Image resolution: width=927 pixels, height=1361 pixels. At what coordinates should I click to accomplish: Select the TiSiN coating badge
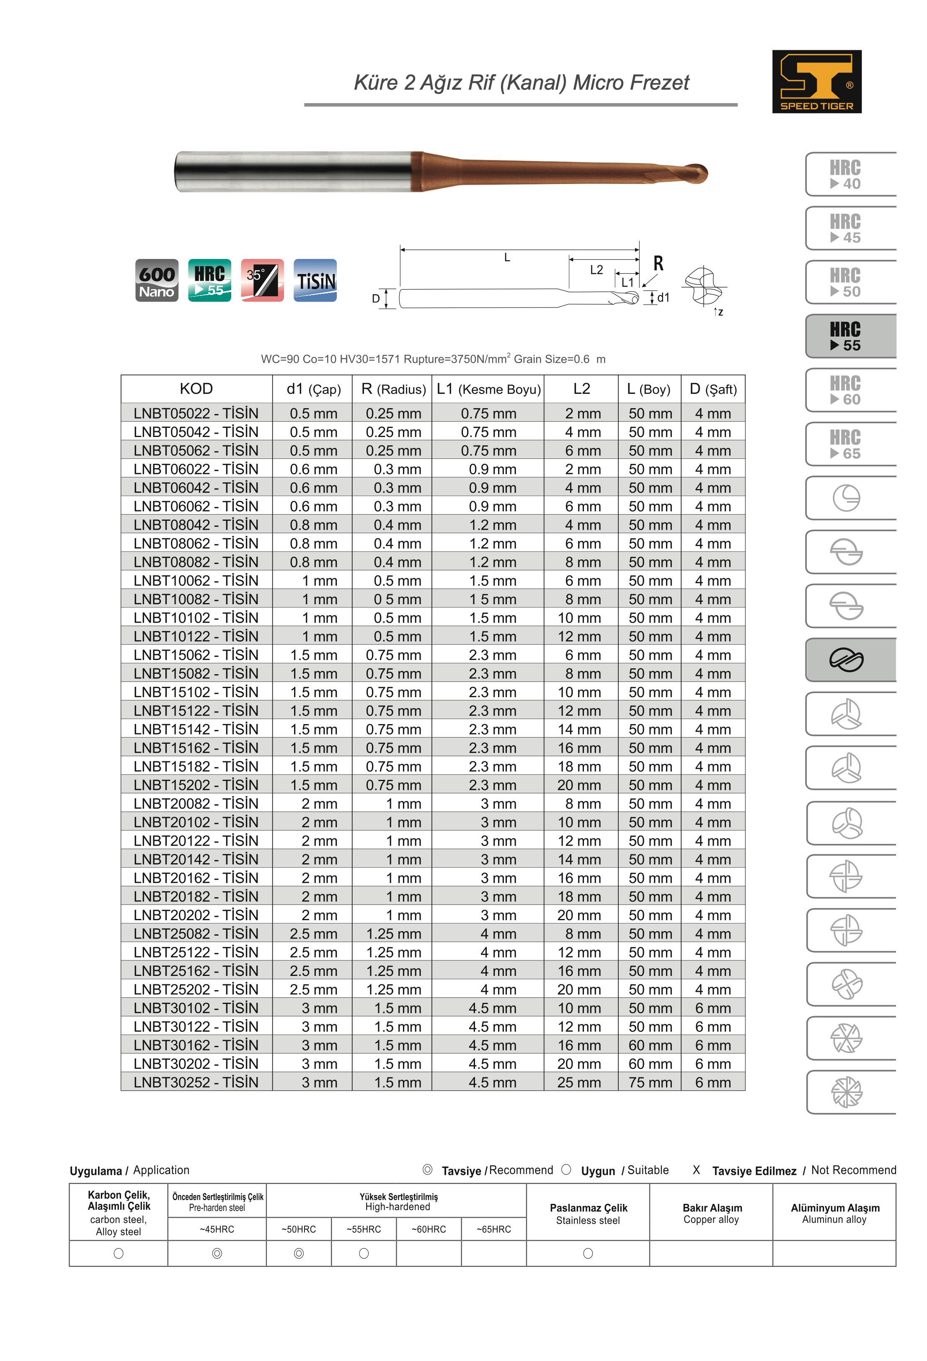[315, 280]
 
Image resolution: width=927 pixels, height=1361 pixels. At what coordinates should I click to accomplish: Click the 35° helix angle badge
[262, 280]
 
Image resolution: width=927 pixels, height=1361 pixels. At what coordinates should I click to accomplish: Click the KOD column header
[196, 389]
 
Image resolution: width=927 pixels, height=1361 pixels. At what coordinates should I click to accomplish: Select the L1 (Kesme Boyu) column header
[488, 389]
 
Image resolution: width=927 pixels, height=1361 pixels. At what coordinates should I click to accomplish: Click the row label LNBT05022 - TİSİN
[196, 414]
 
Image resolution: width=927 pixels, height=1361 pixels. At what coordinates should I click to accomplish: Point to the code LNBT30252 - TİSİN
[196, 1082]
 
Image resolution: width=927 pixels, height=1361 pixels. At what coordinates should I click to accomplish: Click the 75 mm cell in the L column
[650, 1082]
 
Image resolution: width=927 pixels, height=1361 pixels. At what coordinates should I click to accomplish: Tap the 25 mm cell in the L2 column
[579, 1082]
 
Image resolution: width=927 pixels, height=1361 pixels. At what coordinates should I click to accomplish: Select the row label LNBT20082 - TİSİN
[196, 803]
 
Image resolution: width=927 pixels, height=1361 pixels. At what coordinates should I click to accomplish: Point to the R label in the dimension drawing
[658, 264]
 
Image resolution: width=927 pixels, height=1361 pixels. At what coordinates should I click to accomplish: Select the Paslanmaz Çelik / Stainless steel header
[588, 1214]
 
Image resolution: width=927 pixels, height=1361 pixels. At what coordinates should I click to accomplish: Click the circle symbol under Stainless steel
[588, 1253]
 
